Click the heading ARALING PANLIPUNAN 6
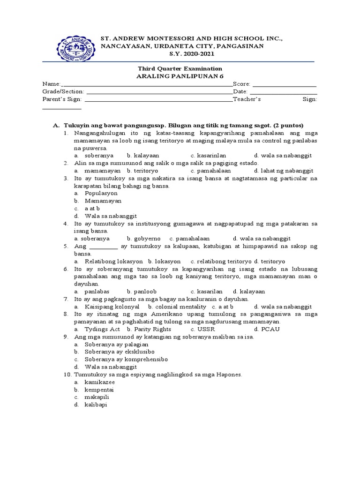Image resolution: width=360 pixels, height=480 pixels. [x=180, y=76]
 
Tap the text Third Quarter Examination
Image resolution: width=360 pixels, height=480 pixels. [x=180, y=68]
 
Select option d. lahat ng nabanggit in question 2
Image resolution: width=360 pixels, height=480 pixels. [x=284, y=171]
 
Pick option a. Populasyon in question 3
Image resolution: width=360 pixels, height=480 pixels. [x=101, y=193]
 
